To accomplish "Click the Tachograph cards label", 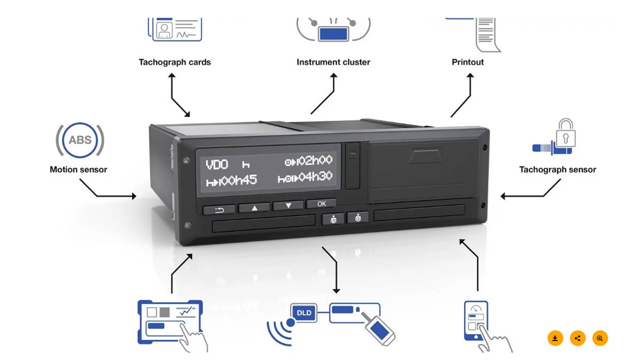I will click(174, 62).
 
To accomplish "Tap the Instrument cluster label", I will click(333, 62).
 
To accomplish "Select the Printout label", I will click(468, 62).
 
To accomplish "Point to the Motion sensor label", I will click(78, 170).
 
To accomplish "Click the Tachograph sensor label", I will click(557, 170).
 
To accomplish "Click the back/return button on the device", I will click(219, 210).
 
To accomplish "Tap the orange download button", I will click(555, 338).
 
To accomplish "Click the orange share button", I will click(578, 338).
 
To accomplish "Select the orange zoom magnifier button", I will click(600, 338).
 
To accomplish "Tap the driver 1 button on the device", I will click(333, 218).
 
